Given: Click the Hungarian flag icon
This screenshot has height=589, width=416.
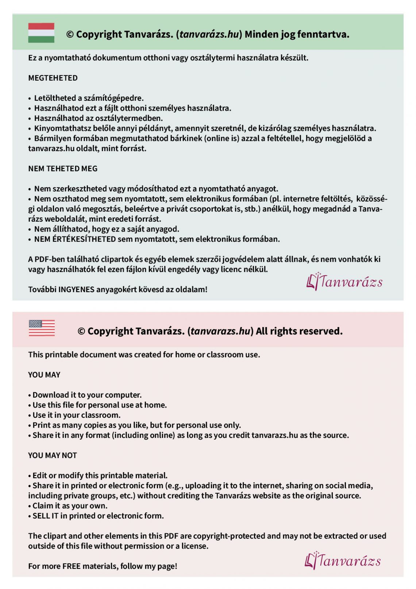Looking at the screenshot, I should pyautogui.click(x=41, y=33).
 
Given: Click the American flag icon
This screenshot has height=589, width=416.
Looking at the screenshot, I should pyautogui.click(x=42, y=328).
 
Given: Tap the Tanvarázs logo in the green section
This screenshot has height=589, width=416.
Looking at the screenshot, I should pyautogui.click(x=344, y=282).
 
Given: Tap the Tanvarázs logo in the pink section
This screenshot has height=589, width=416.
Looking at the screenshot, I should pyautogui.click(x=343, y=561).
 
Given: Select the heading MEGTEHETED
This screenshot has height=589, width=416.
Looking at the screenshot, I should pyautogui.click(x=53, y=78).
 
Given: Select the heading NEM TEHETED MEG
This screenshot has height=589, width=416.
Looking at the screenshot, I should pyautogui.click(x=63, y=168).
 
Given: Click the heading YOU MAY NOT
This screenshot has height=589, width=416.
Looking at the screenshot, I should pyautogui.click(x=53, y=455).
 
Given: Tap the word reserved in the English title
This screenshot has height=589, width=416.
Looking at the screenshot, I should pyautogui.click(x=321, y=331).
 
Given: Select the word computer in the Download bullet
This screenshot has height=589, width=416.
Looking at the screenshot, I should pyautogui.click(x=123, y=395).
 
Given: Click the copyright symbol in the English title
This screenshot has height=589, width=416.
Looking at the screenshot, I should pyautogui.click(x=81, y=331).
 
